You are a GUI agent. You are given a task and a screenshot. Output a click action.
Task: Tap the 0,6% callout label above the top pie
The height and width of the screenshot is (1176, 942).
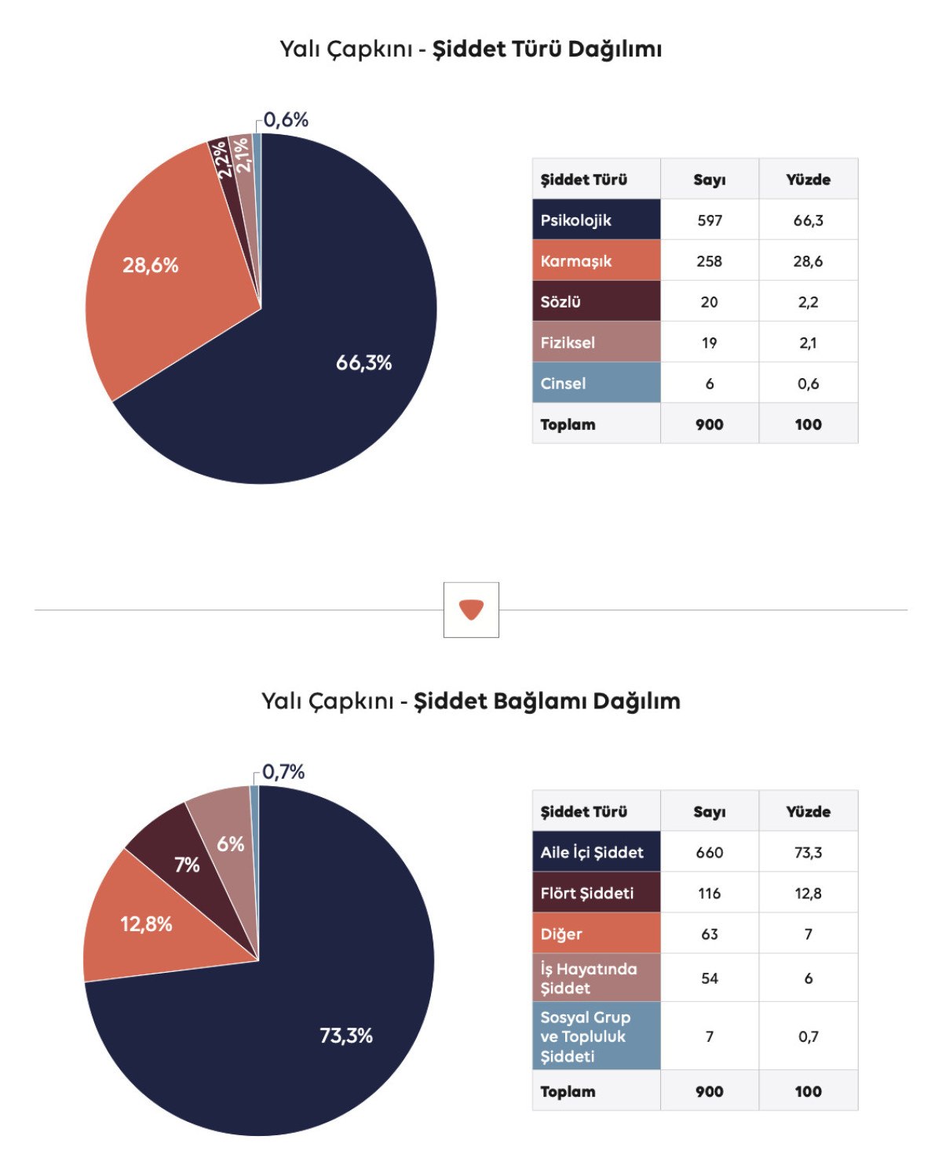pyautogui.click(x=286, y=120)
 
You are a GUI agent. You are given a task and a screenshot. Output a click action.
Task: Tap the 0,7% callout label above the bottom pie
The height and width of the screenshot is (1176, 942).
pyautogui.click(x=283, y=772)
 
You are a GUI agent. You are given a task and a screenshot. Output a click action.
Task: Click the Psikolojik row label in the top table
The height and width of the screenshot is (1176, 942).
pyautogui.click(x=596, y=220)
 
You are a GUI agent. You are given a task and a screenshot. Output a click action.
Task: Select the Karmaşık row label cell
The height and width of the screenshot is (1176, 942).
pyautogui.click(x=596, y=260)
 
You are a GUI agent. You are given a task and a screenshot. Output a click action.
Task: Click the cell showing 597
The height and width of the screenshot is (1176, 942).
pyautogui.click(x=710, y=220)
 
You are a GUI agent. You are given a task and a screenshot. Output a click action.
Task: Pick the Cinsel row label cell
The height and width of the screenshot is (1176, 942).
pyautogui.click(x=596, y=383)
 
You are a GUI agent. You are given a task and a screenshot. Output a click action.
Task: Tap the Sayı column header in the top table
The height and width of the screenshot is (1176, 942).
pyautogui.click(x=710, y=180)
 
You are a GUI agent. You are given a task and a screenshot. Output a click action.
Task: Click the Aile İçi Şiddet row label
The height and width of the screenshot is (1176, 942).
pyautogui.click(x=596, y=852)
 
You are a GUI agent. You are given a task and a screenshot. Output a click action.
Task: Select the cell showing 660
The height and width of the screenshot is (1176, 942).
pyautogui.click(x=710, y=853)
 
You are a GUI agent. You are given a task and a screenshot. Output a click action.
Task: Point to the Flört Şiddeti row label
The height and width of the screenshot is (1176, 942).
pyautogui.click(x=596, y=893)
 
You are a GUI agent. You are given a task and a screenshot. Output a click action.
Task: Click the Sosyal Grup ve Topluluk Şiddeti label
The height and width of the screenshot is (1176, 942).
pyautogui.click(x=596, y=1036)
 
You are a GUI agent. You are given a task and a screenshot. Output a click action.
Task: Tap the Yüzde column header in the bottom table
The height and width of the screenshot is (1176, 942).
pyautogui.click(x=808, y=812)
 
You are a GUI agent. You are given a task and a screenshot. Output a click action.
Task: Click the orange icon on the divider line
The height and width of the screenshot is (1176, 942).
pyautogui.click(x=471, y=610)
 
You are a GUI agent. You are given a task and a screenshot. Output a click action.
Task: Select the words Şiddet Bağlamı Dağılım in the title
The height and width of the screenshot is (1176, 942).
pyautogui.click(x=547, y=701)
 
